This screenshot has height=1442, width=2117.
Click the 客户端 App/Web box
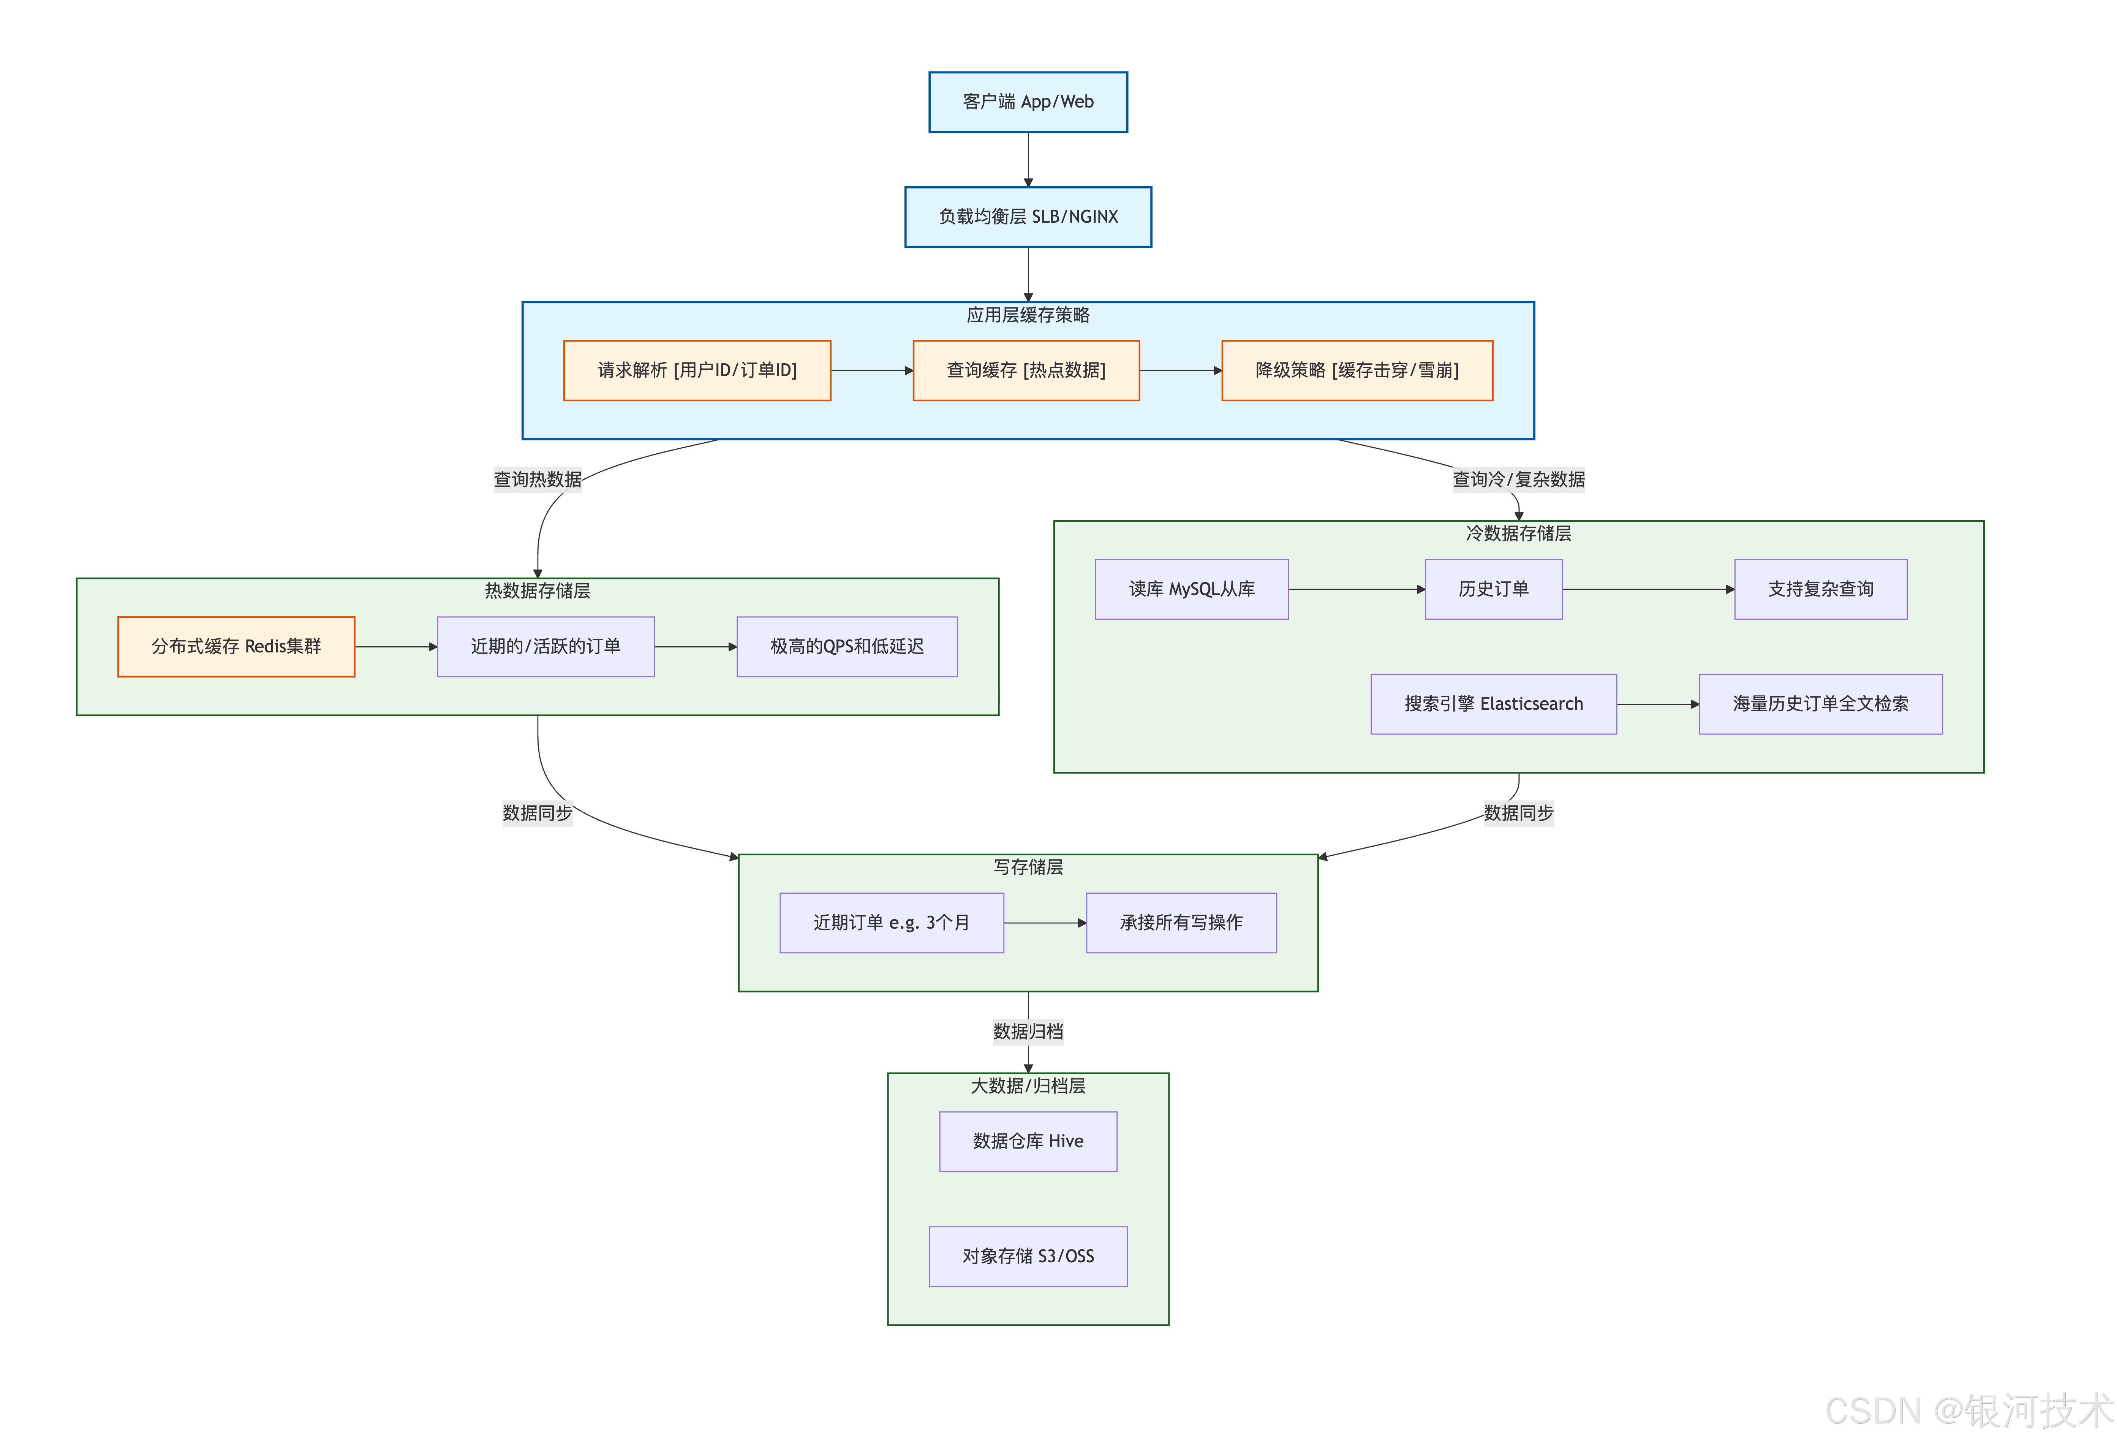coord(1028,102)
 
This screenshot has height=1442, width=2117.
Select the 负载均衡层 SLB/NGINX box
coord(1028,217)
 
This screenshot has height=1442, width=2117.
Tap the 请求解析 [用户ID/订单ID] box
coord(697,370)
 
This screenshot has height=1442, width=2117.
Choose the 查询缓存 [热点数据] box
coord(1026,370)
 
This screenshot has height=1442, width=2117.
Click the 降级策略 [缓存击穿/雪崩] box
coord(1357,370)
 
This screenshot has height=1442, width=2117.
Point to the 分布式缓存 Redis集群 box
coord(236,646)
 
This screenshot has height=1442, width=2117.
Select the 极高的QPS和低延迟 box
coord(846,646)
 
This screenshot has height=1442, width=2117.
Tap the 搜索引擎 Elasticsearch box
coord(1493,703)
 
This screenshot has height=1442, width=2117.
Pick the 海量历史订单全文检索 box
coord(1820,703)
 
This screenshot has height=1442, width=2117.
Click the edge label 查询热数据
coord(538,479)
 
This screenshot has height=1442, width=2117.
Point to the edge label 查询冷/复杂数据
coord(1518,479)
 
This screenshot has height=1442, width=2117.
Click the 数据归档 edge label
coord(1028,1031)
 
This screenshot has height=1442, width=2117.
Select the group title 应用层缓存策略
coord(1028,315)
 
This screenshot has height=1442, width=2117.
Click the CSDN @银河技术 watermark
coord(1968,1410)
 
